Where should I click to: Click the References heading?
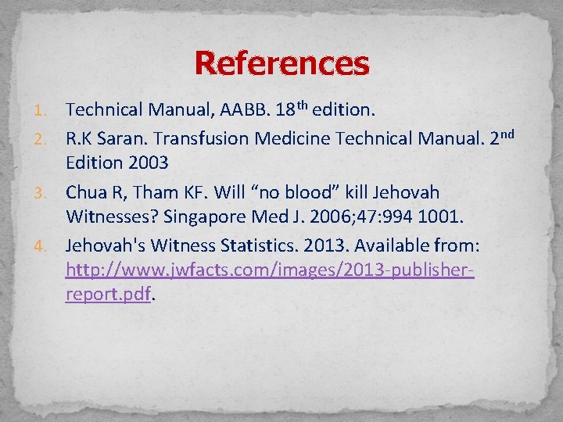(x=281, y=63)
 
